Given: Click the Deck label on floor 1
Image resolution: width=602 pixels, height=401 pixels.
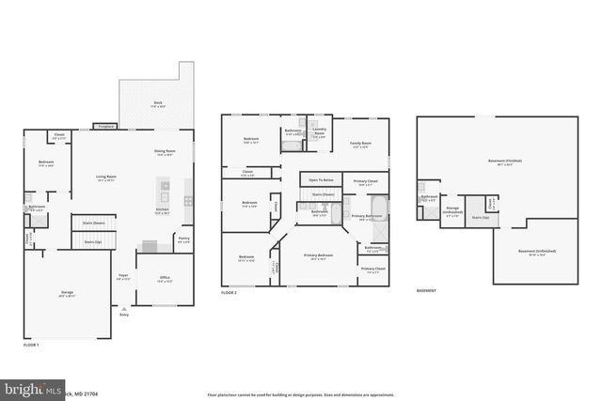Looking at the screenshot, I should (158, 105).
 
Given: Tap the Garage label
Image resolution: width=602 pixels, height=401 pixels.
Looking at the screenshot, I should (68, 294).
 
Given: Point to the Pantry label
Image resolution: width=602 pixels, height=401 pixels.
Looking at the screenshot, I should (184, 239).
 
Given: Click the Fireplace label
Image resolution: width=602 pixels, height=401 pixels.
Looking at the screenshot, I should (106, 126).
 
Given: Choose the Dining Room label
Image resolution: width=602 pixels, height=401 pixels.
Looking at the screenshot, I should (165, 152).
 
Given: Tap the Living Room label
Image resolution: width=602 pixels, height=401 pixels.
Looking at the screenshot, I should (104, 177).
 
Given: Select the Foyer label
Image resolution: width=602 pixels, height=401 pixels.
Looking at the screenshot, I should (123, 276).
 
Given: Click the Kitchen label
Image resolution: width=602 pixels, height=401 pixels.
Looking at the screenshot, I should (162, 212).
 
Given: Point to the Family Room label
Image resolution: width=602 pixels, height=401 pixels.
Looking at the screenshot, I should (361, 145).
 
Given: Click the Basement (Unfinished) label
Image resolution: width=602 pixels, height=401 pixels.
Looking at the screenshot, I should (537, 252).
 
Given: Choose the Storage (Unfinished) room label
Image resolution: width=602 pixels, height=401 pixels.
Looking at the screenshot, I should (452, 210).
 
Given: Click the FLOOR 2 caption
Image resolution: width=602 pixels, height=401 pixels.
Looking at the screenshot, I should (230, 294).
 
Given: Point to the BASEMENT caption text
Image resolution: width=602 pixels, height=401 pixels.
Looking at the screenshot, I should (427, 290).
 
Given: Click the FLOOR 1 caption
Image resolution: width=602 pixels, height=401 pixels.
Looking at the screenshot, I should (31, 346).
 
